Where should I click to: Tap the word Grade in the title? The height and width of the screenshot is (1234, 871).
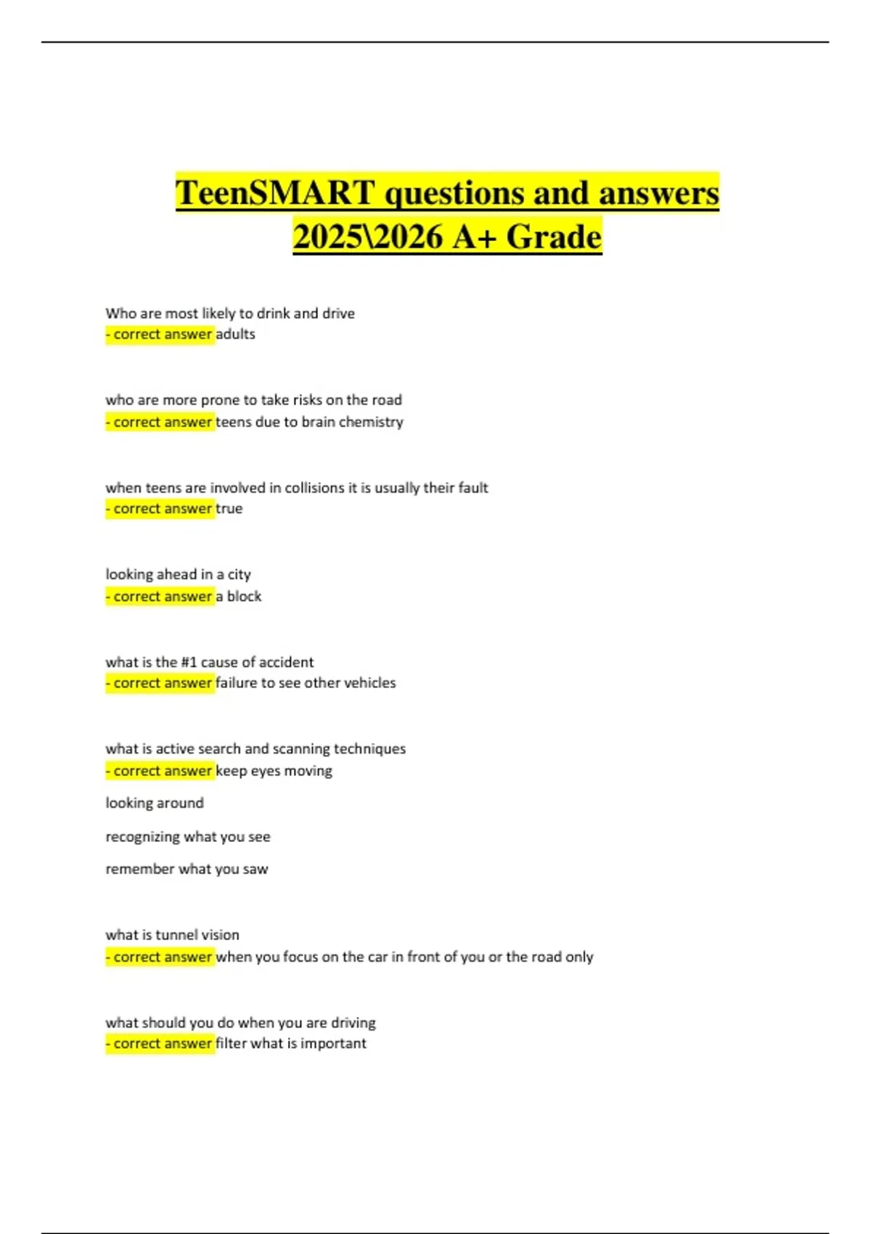click(554, 237)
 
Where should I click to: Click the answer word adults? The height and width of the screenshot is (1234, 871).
click(235, 334)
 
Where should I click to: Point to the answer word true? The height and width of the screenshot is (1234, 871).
click(229, 509)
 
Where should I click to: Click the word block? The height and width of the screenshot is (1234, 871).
click(244, 596)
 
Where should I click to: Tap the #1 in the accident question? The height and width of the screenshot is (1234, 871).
click(189, 662)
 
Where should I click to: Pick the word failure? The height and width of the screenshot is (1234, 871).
click(237, 683)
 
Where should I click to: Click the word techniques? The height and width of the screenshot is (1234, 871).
click(369, 749)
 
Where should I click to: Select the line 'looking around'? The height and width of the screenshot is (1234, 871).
click(155, 803)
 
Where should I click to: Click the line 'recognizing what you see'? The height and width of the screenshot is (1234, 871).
click(187, 837)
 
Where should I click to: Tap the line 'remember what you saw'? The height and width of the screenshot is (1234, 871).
click(187, 869)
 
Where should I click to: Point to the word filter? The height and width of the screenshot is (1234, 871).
click(231, 1043)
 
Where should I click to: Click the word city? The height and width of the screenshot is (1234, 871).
click(239, 575)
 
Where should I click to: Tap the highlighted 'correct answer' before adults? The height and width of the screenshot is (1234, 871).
click(160, 334)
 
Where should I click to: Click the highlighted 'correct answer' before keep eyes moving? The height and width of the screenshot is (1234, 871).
click(160, 771)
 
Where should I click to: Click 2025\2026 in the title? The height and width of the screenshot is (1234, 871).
click(368, 237)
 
